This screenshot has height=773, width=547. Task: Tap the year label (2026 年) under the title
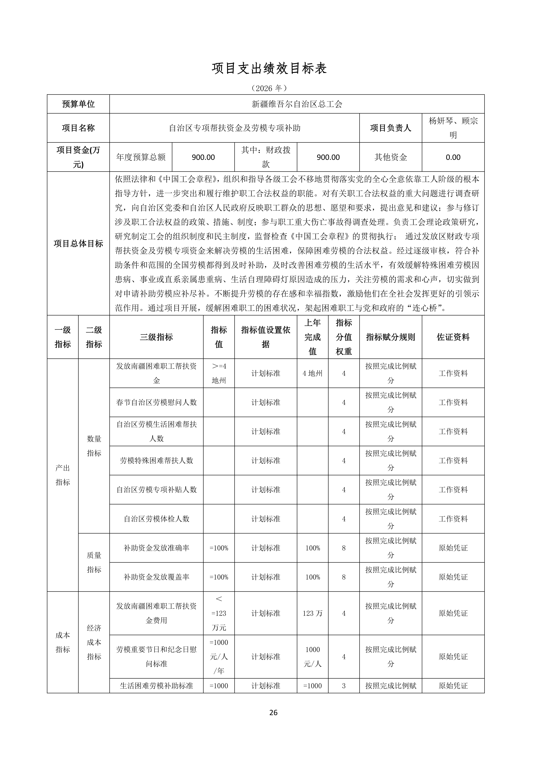[x=269, y=88]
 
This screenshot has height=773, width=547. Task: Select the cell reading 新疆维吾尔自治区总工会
[x=297, y=104]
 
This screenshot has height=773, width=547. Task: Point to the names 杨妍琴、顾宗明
[x=453, y=128]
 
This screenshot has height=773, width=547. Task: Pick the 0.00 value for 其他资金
[x=453, y=157]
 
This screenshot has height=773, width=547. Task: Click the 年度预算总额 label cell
[x=141, y=157]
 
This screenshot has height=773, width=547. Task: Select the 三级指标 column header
[x=156, y=337]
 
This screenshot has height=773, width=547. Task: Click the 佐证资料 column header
[x=453, y=337]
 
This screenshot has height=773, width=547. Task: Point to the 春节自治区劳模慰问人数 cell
[x=156, y=402]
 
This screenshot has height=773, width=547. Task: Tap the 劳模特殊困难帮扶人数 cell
[x=156, y=461]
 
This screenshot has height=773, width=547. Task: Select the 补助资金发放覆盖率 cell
[x=156, y=577]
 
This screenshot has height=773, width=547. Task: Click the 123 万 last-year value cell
[x=313, y=613]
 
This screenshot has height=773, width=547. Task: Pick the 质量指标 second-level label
[x=94, y=562]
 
